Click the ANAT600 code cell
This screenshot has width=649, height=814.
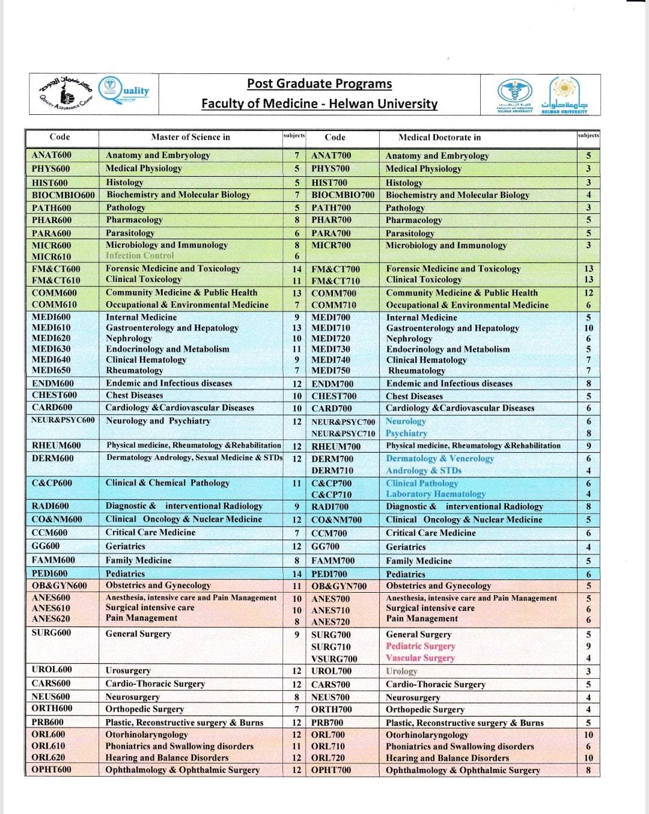(52, 155)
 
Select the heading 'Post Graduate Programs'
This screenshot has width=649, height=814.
(319, 84)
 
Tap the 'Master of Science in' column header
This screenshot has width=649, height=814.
(190, 137)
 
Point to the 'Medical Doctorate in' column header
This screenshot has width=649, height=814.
(440, 137)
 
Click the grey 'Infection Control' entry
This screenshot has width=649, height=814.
(140, 256)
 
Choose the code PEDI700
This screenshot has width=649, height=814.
(329, 574)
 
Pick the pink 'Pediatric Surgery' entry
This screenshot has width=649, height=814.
(421, 646)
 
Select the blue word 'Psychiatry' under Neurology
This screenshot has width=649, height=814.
(407, 433)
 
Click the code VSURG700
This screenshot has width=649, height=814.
(335, 658)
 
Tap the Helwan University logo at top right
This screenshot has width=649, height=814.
(564, 95)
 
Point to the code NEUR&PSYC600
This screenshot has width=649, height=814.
(62, 420)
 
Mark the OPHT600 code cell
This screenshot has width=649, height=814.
(52, 770)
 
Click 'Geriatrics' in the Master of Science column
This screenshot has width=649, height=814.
(126, 546)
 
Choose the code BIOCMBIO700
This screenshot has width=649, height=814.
(343, 195)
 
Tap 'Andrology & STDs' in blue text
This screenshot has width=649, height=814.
(424, 470)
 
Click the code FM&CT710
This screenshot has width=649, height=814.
(336, 280)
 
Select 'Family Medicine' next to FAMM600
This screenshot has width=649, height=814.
(139, 560)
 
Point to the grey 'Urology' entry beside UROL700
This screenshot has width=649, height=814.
(401, 671)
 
